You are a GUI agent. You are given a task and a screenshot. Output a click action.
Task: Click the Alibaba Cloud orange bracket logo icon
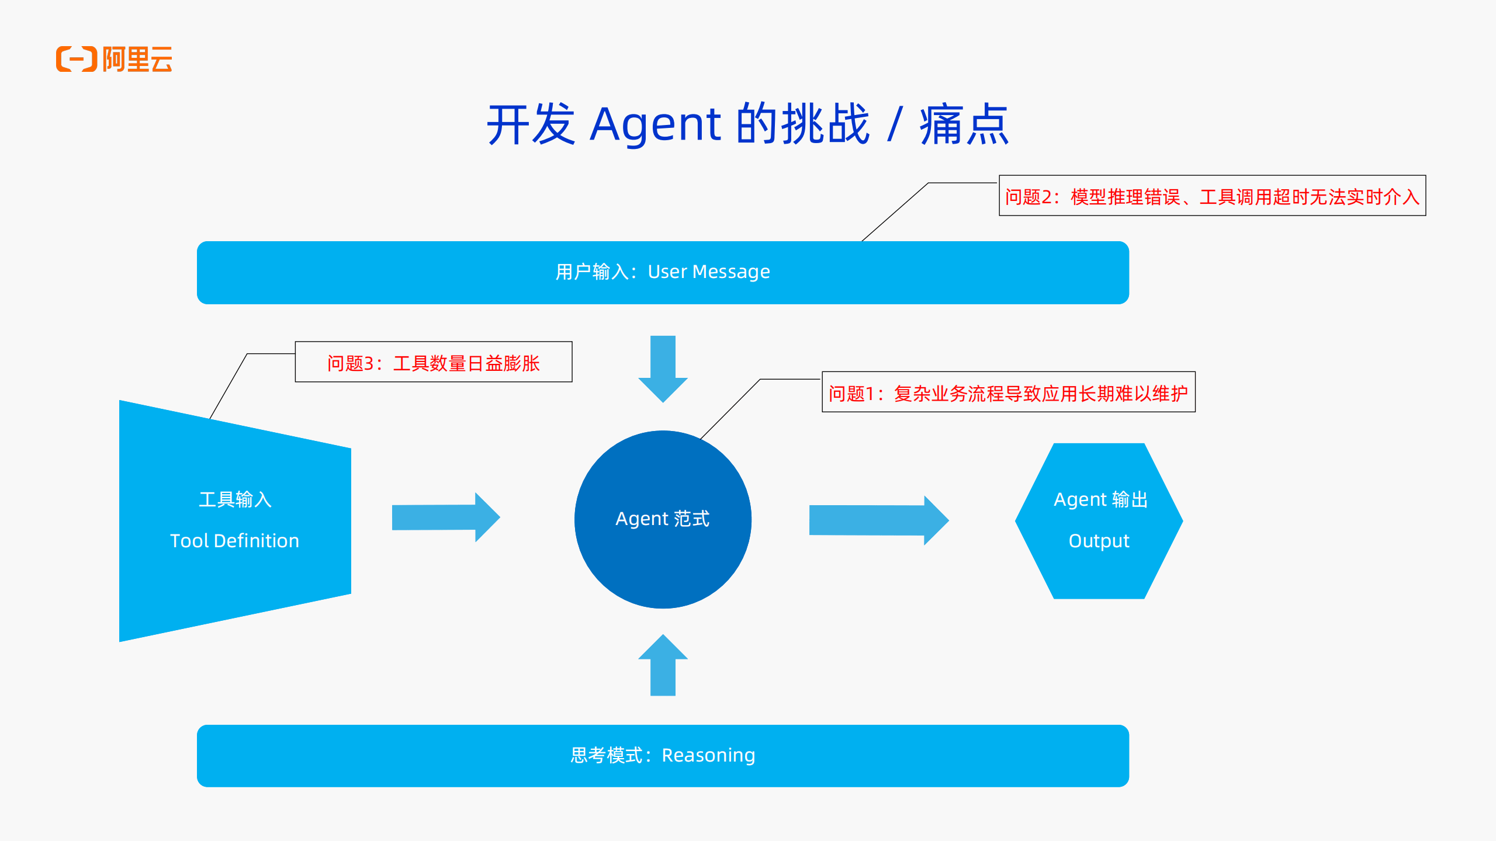pyautogui.click(x=77, y=59)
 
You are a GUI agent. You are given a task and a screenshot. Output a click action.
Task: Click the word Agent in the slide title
pyautogui.click(x=655, y=124)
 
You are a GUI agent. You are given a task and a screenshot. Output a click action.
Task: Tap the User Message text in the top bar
pyautogui.click(x=709, y=272)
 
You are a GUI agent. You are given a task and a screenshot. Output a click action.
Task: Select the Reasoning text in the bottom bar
pyautogui.click(x=708, y=756)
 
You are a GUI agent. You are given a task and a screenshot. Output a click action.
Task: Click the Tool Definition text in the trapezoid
pyautogui.click(x=234, y=541)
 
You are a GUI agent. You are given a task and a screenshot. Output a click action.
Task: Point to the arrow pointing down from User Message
pyautogui.click(x=663, y=368)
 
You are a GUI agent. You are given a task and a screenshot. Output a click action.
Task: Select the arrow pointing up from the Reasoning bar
pyautogui.click(x=663, y=666)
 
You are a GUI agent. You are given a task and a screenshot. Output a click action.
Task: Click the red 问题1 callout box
pyautogui.click(x=1008, y=392)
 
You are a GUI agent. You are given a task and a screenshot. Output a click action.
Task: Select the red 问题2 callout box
pyautogui.click(x=1212, y=196)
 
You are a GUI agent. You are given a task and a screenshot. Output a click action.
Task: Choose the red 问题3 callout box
pyautogui.click(x=433, y=363)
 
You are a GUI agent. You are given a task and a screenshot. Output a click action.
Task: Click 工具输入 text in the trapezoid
pyautogui.click(x=235, y=500)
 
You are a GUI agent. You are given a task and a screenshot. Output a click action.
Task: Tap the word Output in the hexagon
pyautogui.click(x=1099, y=541)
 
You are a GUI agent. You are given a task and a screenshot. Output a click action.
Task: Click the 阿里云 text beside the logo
pyautogui.click(x=137, y=59)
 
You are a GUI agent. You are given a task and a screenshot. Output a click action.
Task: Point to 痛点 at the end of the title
pyautogui.click(x=964, y=124)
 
